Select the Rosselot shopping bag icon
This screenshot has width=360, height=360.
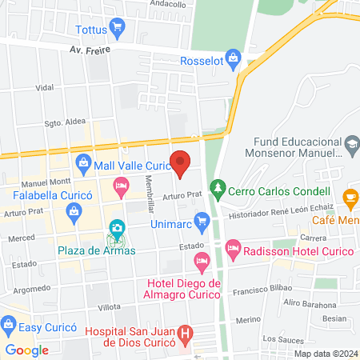[x=233, y=58]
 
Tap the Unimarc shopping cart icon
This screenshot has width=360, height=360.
[x=202, y=219]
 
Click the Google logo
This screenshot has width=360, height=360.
[x=27, y=350]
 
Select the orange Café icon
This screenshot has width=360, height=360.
[x=350, y=195]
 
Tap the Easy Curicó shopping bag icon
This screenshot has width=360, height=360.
[x=9, y=324]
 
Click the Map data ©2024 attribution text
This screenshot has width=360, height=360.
[x=324, y=354]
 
